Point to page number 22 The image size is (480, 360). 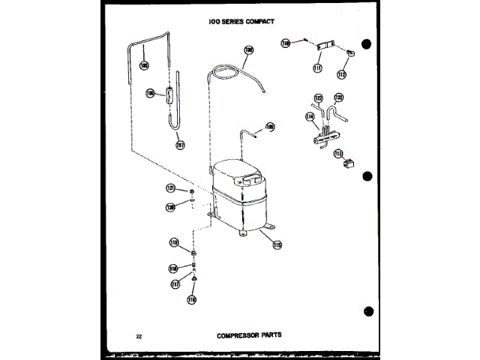pos(139,335)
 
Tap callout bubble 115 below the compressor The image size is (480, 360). pos(277,244)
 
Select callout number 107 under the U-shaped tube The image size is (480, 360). pos(181,145)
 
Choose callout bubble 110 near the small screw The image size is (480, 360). pos(286,43)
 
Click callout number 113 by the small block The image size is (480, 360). pos(338,154)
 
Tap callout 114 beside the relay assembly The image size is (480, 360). pos(310,116)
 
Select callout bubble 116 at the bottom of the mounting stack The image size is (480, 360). pos(190,300)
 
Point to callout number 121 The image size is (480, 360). pos(171,187)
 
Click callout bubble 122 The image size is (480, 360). pos(318,98)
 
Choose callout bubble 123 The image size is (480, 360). pos(338,97)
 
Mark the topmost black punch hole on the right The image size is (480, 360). pos(367,43)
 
